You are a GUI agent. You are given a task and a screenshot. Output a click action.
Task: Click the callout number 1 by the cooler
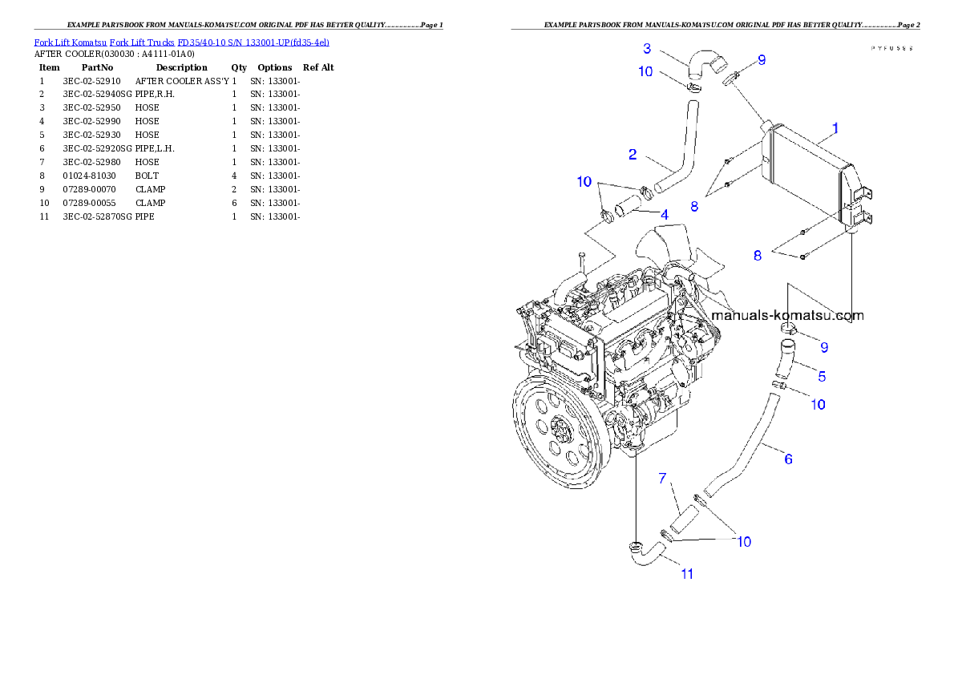tap(835, 127)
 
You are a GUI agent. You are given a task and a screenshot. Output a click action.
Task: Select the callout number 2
tap(633, 154)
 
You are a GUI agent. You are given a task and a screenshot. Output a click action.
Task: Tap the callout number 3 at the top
tap(647, 48)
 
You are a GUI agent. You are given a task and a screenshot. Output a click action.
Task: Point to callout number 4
tap(665, 214)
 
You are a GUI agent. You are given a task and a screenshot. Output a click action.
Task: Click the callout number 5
tap(822, 375)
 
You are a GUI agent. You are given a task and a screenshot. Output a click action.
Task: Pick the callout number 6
tap(788, 459)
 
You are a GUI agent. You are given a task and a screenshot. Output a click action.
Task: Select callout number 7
tap(662, 479)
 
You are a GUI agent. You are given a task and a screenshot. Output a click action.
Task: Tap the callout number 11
tap(687, 573)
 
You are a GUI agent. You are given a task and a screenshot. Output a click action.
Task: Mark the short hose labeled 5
tap(784, 361)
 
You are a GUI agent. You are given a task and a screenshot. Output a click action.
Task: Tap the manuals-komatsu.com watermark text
tap(787, 315)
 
